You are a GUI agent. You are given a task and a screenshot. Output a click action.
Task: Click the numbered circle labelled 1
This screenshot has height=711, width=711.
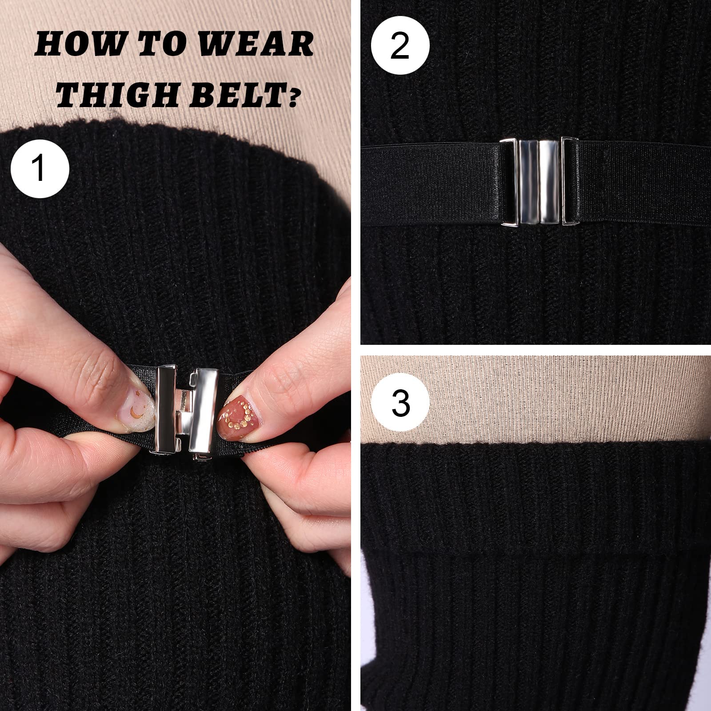(x=40, y=168)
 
